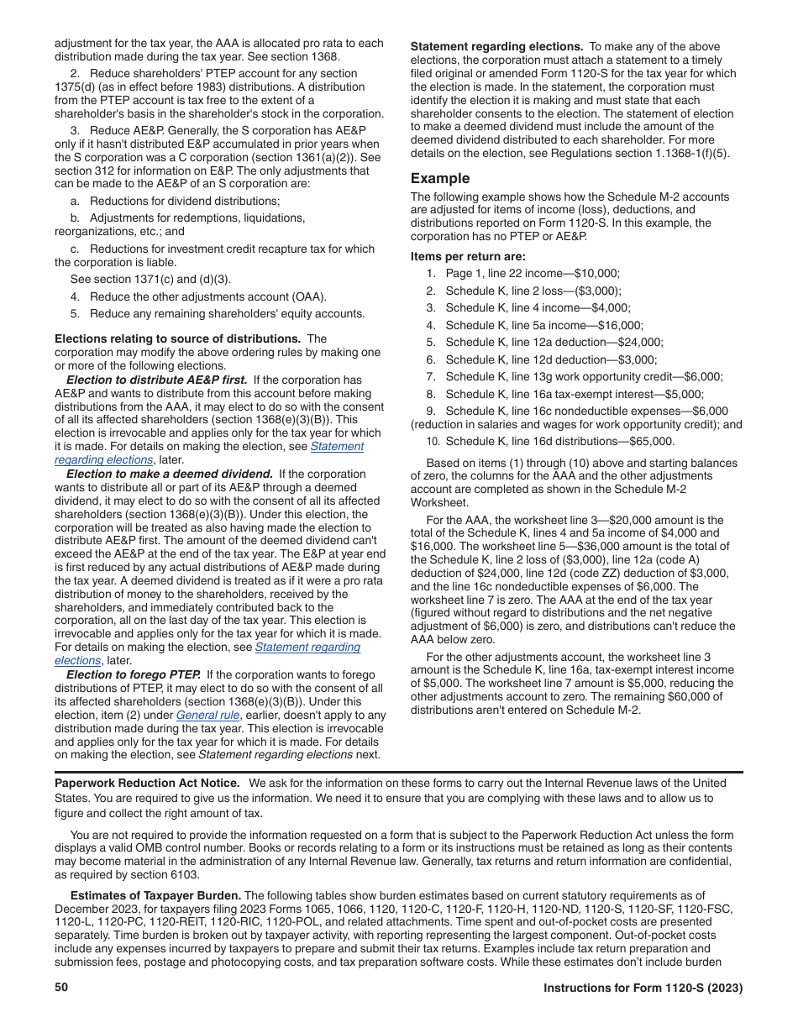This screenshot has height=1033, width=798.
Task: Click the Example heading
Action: point(439,179)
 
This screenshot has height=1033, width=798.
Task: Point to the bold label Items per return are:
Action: point(468,257)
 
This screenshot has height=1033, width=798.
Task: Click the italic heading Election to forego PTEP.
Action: point(133,675)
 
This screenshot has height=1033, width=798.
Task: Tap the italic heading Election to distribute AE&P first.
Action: point(157,380)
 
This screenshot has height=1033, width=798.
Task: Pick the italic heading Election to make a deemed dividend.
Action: point(169,474)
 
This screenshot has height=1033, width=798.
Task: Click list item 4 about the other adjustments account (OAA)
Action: point(197,296)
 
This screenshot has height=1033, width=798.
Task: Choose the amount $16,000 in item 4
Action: point(623,325)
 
